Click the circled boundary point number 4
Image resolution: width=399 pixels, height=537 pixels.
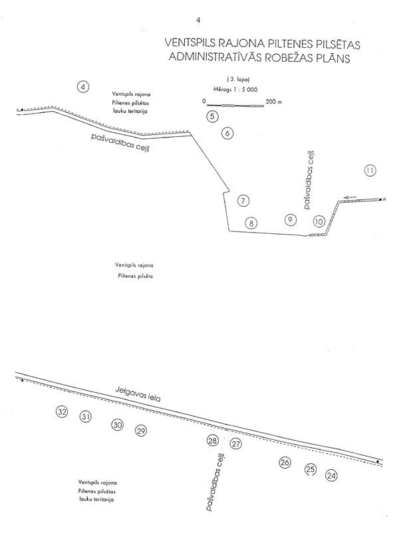pos(83,87)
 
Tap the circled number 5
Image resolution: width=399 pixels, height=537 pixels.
pos(212,117)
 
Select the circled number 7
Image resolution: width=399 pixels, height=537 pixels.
pos(244,201)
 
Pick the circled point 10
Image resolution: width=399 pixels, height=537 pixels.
pos(319,222)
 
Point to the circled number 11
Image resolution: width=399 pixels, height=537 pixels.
pos(370,171)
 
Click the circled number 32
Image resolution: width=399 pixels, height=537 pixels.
pos(62,413)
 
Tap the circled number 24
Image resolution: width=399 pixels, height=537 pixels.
pos(332,475)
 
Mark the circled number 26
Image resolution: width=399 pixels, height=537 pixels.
pos(285,463)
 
